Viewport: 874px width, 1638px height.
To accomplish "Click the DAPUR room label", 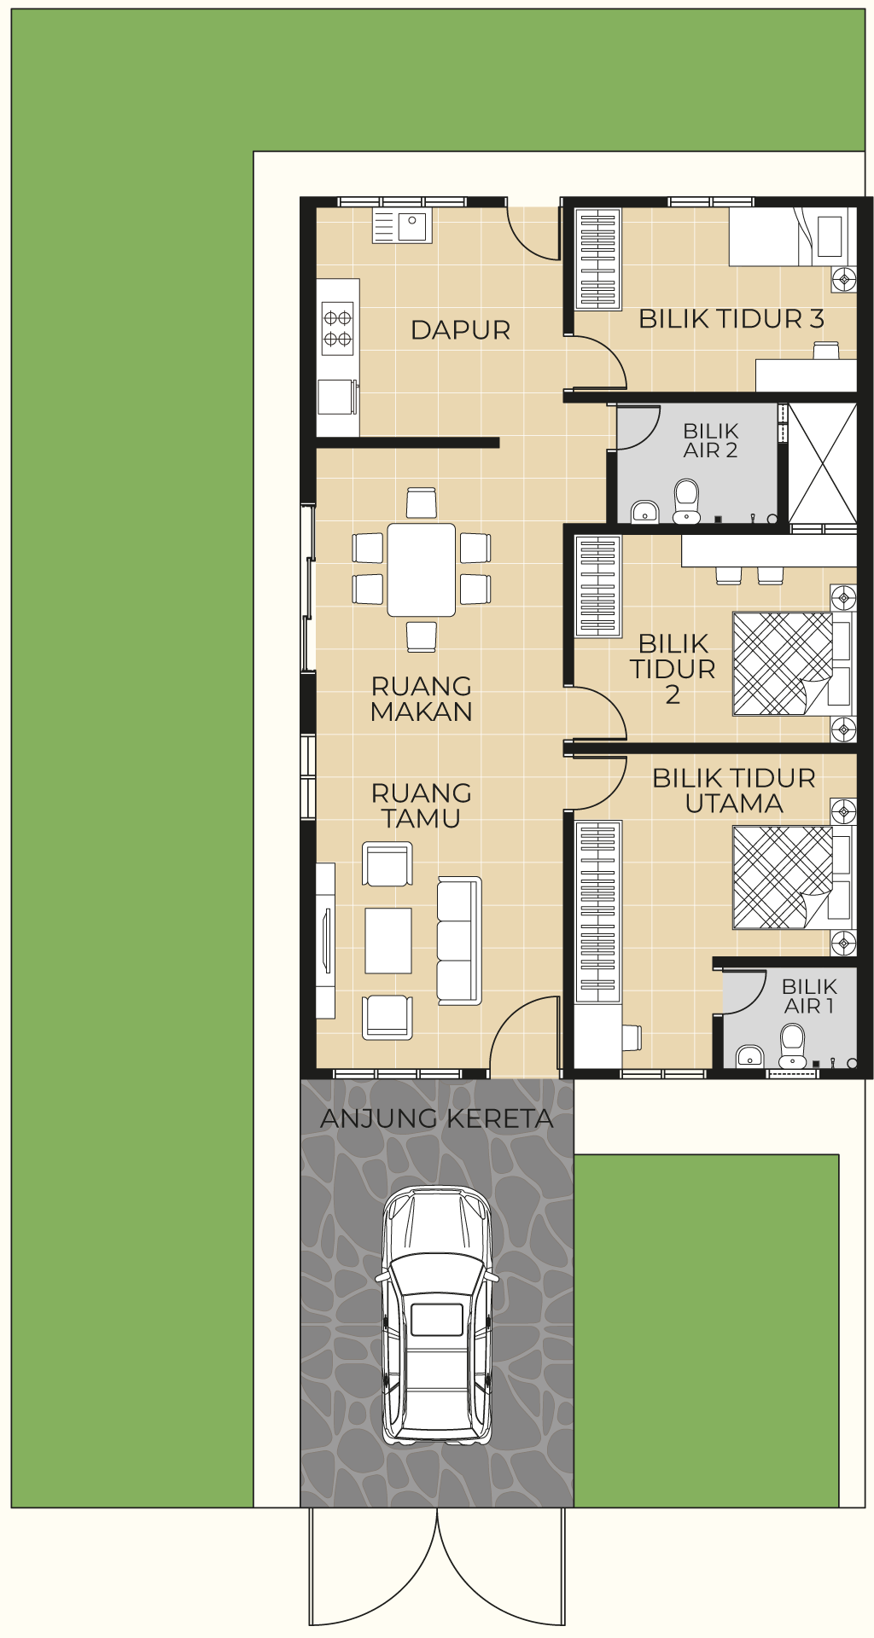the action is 460,330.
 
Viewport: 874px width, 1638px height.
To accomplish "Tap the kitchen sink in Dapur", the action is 402,226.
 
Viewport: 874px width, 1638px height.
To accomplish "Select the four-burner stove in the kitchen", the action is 337,328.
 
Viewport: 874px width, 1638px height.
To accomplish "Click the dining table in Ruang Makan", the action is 422,570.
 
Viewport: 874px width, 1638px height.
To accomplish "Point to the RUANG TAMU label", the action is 422,805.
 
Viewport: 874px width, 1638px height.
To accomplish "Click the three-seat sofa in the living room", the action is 459,940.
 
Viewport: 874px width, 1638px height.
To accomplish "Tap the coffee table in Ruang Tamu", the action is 388,940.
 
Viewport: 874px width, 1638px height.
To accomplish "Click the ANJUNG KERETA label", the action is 437,1118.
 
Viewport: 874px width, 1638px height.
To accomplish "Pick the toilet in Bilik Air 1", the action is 792,1045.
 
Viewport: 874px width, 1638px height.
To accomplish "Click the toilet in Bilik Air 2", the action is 686,502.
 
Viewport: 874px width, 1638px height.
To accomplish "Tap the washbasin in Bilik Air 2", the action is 644,512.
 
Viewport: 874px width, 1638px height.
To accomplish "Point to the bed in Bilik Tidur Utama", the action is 793,877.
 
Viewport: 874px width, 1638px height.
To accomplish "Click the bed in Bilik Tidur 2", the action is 793,663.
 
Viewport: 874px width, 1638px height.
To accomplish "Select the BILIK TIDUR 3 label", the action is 731,319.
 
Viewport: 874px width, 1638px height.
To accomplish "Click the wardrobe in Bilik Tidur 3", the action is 597,258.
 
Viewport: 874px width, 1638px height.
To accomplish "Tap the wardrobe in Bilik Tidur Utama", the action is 598,911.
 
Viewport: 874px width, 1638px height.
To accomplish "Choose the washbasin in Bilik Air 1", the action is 749,1056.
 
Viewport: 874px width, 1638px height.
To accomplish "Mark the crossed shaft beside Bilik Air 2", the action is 822,462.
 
